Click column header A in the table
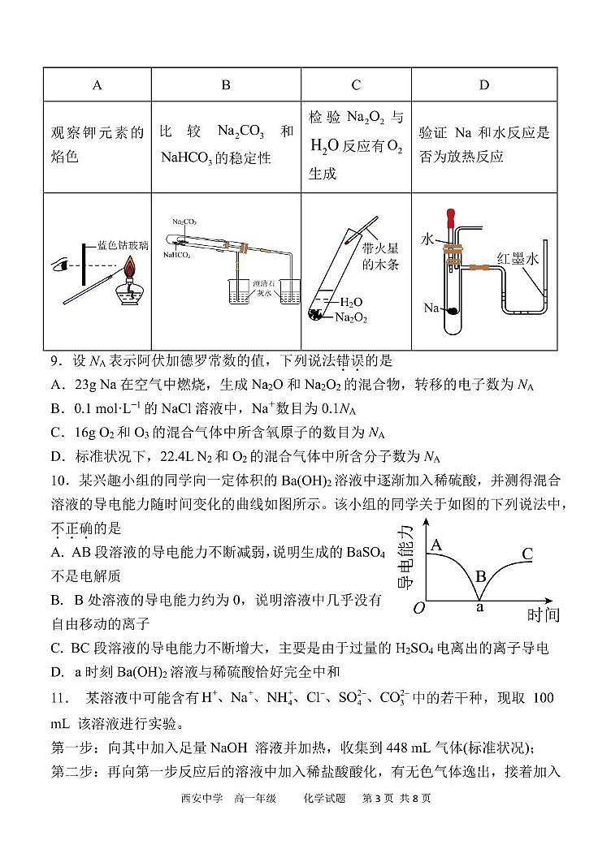click(x=97, y=84)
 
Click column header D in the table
click(x=485, y=84)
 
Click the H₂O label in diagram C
click(x=352, y=302)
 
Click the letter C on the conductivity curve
click(x=526, y=554)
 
